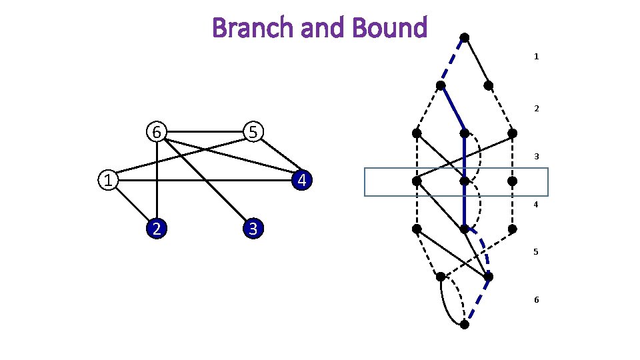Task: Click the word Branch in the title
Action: tap(242, 28)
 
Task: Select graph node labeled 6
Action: tap(156, 132)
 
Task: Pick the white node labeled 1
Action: tap(107, 180)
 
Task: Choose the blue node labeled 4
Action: tap(302, 180)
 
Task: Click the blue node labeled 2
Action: tap(156, 229)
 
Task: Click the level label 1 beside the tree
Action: tap(536, 57)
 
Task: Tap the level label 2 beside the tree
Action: tap(536, 108)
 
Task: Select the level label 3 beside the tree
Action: tap(536, 157)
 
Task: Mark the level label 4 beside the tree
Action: tap(536, 205)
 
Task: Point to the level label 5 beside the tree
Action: tap(536, 252)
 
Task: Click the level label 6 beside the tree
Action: tap(536, 300)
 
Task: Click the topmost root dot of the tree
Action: tap(465, 37)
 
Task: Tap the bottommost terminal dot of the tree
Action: tap(465, 325)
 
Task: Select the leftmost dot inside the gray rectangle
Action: tap(416, 181)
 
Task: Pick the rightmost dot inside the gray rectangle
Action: tap(513, 181)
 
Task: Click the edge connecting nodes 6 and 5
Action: tap(205, 132)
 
